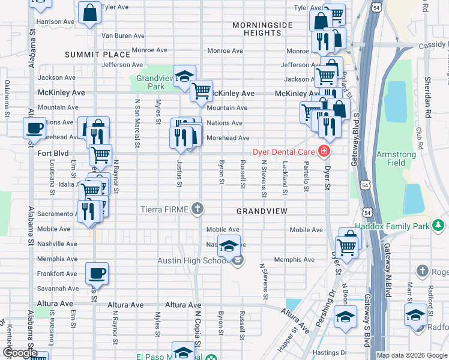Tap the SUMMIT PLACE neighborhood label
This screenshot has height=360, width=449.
click(x=98, y=55)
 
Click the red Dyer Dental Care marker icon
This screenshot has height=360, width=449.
click(x=325, y=151)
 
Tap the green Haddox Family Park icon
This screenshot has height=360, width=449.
click(x=439, y=225)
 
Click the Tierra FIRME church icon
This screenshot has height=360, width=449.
click(x=197, y=209)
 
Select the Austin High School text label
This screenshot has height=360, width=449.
click(x=192, y=260)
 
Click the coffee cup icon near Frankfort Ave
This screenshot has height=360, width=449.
click(x=97, y=274)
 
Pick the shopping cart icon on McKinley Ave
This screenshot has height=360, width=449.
click(x=201, y=91)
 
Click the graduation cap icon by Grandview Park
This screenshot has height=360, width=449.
click(x=184, y=76)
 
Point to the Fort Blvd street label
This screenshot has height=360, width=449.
click(x=53, y=153)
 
